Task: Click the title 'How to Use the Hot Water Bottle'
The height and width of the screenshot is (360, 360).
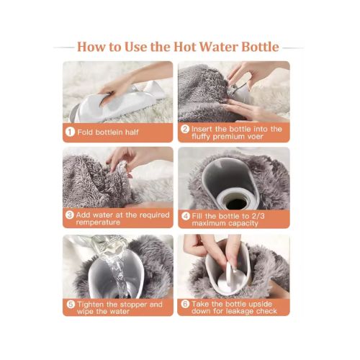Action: click(x=178, y=48)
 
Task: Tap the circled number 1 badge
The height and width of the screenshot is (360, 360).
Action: click(x=71, y=132)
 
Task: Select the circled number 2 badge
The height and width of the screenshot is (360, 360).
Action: click(x=185, y=129)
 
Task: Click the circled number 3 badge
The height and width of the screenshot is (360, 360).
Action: click(x=71, y=215)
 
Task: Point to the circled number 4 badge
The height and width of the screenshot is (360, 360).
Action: click(x=185, y=215)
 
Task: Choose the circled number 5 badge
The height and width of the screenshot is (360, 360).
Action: click(x=71, y=305)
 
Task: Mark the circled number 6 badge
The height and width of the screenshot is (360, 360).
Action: click(x=185, y=305)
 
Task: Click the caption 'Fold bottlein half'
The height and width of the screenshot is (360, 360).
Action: click(x=109, y=132)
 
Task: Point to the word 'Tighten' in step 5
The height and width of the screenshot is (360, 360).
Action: click(x=94, y=305)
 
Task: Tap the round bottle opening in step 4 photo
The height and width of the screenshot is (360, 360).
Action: click(x=235, y=195)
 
